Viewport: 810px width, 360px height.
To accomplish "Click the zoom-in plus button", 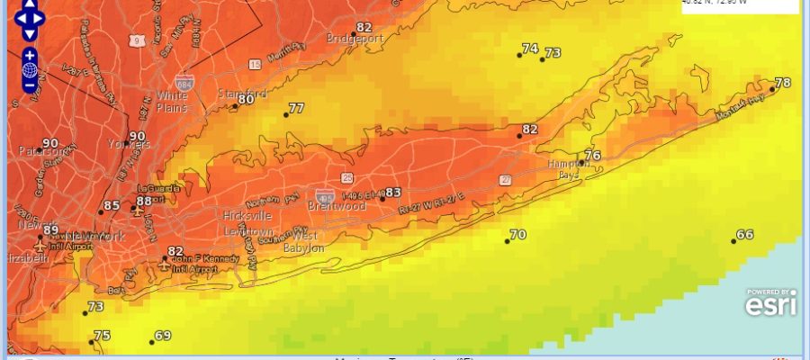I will pos(30,55).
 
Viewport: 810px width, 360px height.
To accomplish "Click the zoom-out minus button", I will pos(30,85).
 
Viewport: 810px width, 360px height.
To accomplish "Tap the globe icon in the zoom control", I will pos(30,70).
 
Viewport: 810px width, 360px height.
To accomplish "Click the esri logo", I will pos(770,304).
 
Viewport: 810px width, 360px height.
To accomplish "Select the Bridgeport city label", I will pos(355,38).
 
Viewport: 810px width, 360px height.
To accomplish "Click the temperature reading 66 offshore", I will pos(745,235).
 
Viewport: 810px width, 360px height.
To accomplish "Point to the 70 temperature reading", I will pos(517,235).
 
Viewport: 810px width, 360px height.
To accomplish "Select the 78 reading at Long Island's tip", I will pos(783,83).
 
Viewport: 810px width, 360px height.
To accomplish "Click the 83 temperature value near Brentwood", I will pos(392,192).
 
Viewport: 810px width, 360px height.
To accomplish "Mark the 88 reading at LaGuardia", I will pos(144,201).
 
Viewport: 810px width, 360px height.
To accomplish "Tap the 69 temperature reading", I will pos(163,336).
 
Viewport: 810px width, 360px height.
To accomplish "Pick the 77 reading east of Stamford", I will pos(295,109).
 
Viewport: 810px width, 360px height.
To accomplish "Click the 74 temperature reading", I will pos(529,49).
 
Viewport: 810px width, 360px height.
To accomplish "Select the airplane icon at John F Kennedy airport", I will pos(164,265).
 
